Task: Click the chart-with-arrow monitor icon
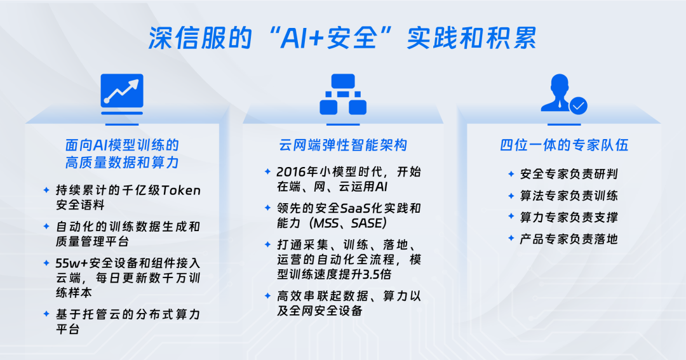pyautogui.click(x=122, y=95)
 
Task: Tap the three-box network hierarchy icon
pyautogui.click(x=343, y=95)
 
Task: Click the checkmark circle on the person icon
pyautogui.click(x=579, y=105)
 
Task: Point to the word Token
pyautogui.click(x=181, y=190)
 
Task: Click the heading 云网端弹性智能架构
pyautogui.click(x=343, y=145)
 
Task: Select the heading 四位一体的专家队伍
pyautogui.click(x=564, y=145)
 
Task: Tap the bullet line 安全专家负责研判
pyautogui.click(x=568, y=174)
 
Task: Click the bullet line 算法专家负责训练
pyautogui.click(x=568, y=196)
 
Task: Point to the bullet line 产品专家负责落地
pyautogui.click(x=568, y=239)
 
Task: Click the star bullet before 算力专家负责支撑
pyautogui.click(x=511, y=217)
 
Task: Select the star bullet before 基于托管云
pyautogui.click(x=46, y=314)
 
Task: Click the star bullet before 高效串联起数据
pyautogui.click(x=267, y=296)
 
